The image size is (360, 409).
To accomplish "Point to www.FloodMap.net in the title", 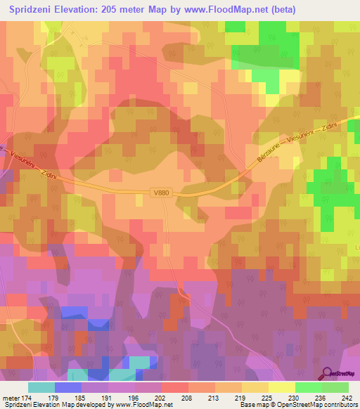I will point(219,10).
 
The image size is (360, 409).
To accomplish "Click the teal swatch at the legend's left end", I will point(41,387).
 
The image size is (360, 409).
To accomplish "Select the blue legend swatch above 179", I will point(68,387).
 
